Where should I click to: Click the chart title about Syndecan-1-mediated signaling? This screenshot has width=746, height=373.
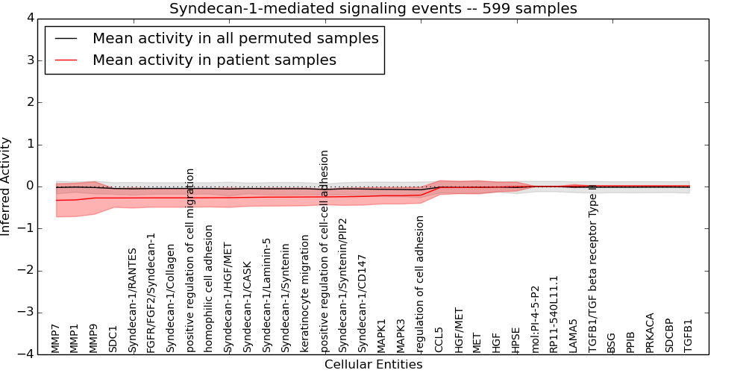point(373,9)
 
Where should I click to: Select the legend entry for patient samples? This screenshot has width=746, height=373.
point(214,60)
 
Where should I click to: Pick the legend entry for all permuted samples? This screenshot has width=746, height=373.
point(235,38)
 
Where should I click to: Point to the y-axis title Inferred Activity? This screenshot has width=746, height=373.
point(7,186)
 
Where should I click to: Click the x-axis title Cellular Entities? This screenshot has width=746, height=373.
point(373,365)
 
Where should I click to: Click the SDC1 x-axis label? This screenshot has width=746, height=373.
point(113,338)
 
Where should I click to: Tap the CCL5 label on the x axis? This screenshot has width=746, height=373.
point(439,339)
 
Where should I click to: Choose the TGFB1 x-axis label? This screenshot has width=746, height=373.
point(688,335)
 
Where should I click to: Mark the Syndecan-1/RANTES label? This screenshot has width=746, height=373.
point(133,300)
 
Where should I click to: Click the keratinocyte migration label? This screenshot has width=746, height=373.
point(305,294)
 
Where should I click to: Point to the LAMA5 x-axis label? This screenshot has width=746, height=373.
point(573,335)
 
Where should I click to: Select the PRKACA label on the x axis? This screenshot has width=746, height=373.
point(650,332)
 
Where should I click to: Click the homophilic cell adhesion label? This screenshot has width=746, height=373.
point(210,288)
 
